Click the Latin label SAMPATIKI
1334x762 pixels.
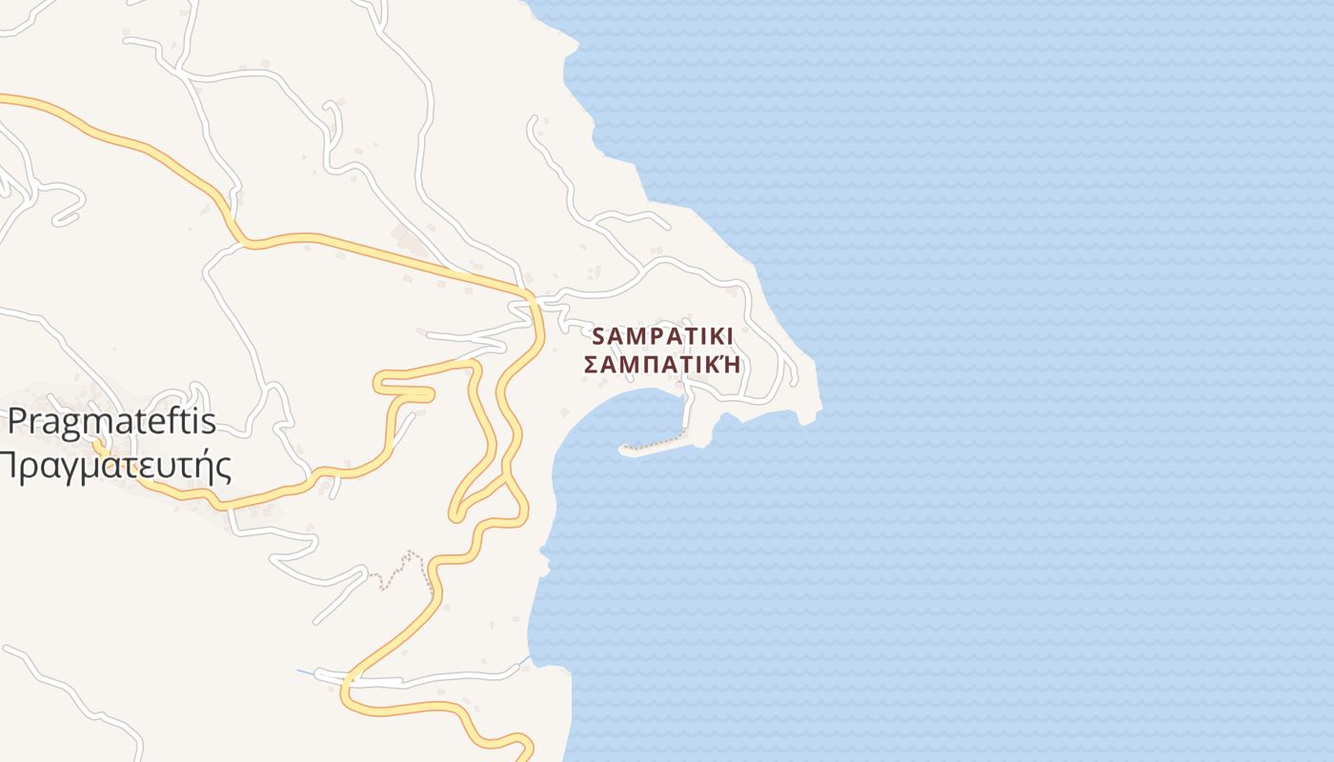pyautogui.click(x=662, y=336)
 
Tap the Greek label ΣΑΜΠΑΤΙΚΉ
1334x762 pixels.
pyautogui.click(x=662, y=365)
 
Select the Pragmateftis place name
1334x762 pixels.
pyautogui.click(x=112, y=421)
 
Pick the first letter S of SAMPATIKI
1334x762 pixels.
pyautogui.click(x=599, y=336)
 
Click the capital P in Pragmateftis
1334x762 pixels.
pyautogui.click(x=19, y=421)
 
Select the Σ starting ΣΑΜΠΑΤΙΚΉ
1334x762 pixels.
pyautogui.click(x=591, y=365)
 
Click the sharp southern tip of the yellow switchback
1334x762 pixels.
pyautogui.click(x=455, y=516)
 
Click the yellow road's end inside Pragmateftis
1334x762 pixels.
pyautogui.click(x=97, y=443)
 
